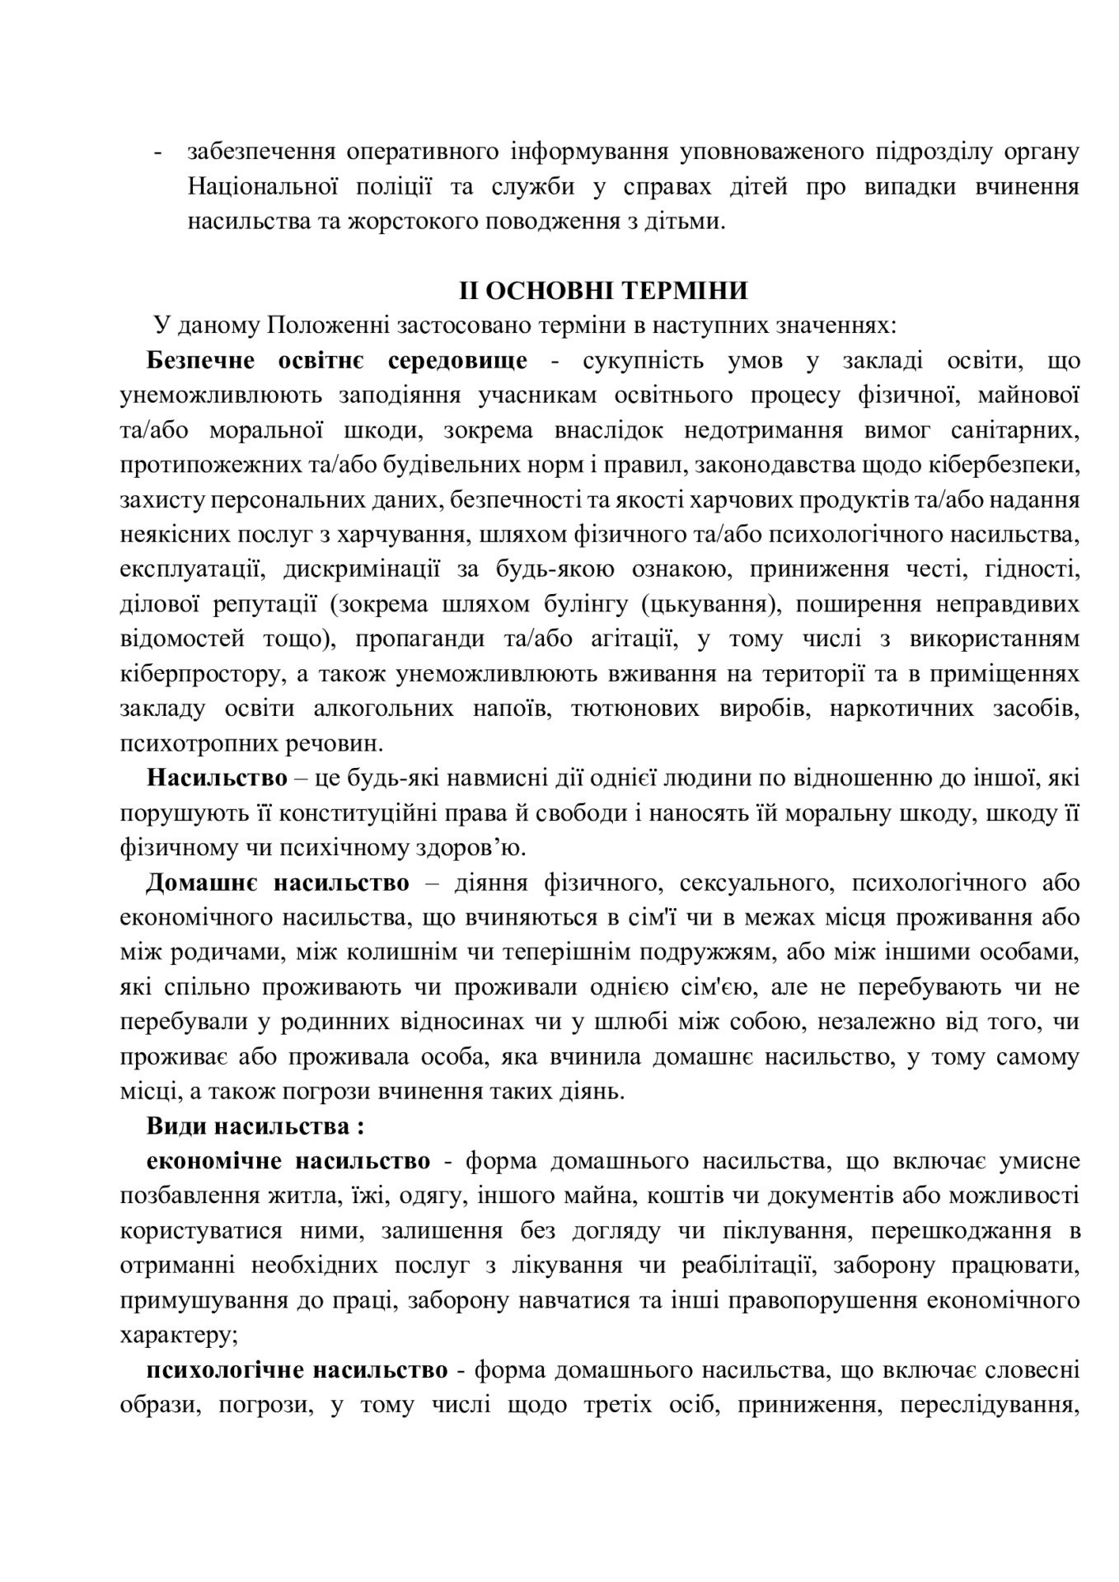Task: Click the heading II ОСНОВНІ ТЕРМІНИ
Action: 604,291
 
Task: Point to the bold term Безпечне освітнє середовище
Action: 337,361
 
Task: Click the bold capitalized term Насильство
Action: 218,778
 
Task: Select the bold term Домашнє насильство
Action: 278,882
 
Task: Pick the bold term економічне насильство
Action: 288,1161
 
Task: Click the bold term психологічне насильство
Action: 297,1369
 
